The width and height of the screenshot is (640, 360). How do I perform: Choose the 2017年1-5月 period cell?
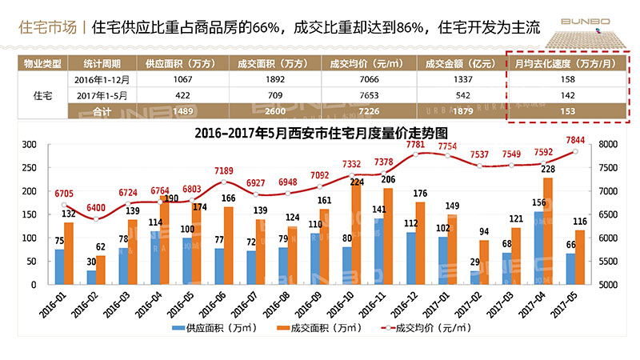click(102, 95)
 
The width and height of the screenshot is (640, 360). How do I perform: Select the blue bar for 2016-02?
click(91, 277)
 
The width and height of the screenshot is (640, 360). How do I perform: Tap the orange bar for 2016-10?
click(356, 232)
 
